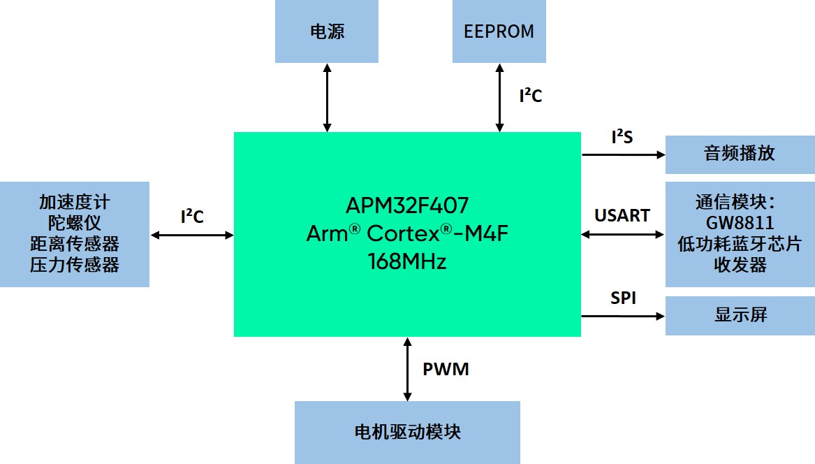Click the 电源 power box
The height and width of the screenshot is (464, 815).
pos(327,31)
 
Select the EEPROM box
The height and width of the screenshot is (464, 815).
pos(499,31)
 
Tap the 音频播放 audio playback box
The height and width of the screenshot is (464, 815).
pos(740,154)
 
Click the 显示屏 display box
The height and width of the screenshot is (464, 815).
pos(740,315)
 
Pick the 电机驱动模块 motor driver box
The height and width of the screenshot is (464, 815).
pos(407,432)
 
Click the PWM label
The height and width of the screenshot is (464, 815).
pos(446,369)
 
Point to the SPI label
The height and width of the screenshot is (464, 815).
pos(623,298)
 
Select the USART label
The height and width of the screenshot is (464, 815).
pos(622,215)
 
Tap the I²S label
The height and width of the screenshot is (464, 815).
pos(622,137)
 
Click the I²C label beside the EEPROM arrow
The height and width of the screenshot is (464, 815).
pos(530,96)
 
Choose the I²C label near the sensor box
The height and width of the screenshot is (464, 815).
pos(192,217)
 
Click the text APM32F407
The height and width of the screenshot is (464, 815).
pos(407,205)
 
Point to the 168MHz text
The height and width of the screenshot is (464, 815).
pos(407,262)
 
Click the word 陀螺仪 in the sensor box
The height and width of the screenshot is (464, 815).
pos(74,224)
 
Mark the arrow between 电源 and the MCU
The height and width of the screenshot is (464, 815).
pos(327,97)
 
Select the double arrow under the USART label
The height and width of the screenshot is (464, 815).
pos(623,235)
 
